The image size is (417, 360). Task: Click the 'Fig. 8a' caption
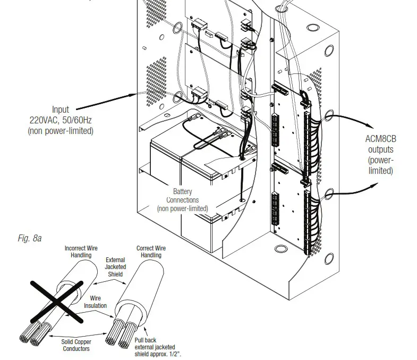pyautogui.click(x=30, y=239)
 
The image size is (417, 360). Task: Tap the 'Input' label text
pyautogui.click(x=60, y=110)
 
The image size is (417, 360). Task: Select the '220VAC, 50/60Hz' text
pyautogui.click(x=60, y=120)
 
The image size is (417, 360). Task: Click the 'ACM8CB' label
pyautogui.click(x=380, y=139)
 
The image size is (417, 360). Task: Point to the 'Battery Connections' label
pyautogui.click(x=182, y=196)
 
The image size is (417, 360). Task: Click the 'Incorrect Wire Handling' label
pyautogui.click(x=81, y=252)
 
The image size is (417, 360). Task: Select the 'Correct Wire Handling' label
pyautogui.click(x=151, y=252)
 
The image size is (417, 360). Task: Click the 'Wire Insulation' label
pyautogui.click(x=95, y=302)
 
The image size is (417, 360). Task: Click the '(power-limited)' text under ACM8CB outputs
pyautogui.click(x=380, y=165)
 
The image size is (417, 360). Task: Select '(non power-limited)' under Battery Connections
pyautogui.click(x=182, y=209)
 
